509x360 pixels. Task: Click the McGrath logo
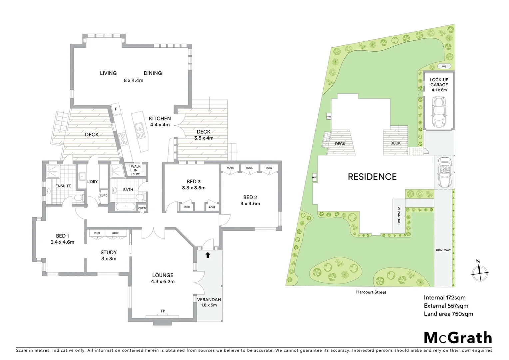458,338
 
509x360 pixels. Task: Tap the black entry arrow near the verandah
208,255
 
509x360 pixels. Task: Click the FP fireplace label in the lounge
163,311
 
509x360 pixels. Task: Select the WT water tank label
444,66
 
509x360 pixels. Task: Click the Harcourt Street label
371,292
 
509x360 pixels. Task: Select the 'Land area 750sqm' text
448,314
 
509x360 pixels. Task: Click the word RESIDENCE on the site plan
372,177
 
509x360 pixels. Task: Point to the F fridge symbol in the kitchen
116,109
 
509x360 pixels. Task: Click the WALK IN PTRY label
136,170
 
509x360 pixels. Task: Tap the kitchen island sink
140,130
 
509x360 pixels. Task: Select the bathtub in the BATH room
126,206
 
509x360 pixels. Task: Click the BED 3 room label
194,181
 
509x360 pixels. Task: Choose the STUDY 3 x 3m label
109,255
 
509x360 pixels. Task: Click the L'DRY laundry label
92,182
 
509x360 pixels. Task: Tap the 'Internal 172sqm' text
444,297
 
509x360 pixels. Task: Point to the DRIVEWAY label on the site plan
443,250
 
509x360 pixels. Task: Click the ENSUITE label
63,186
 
